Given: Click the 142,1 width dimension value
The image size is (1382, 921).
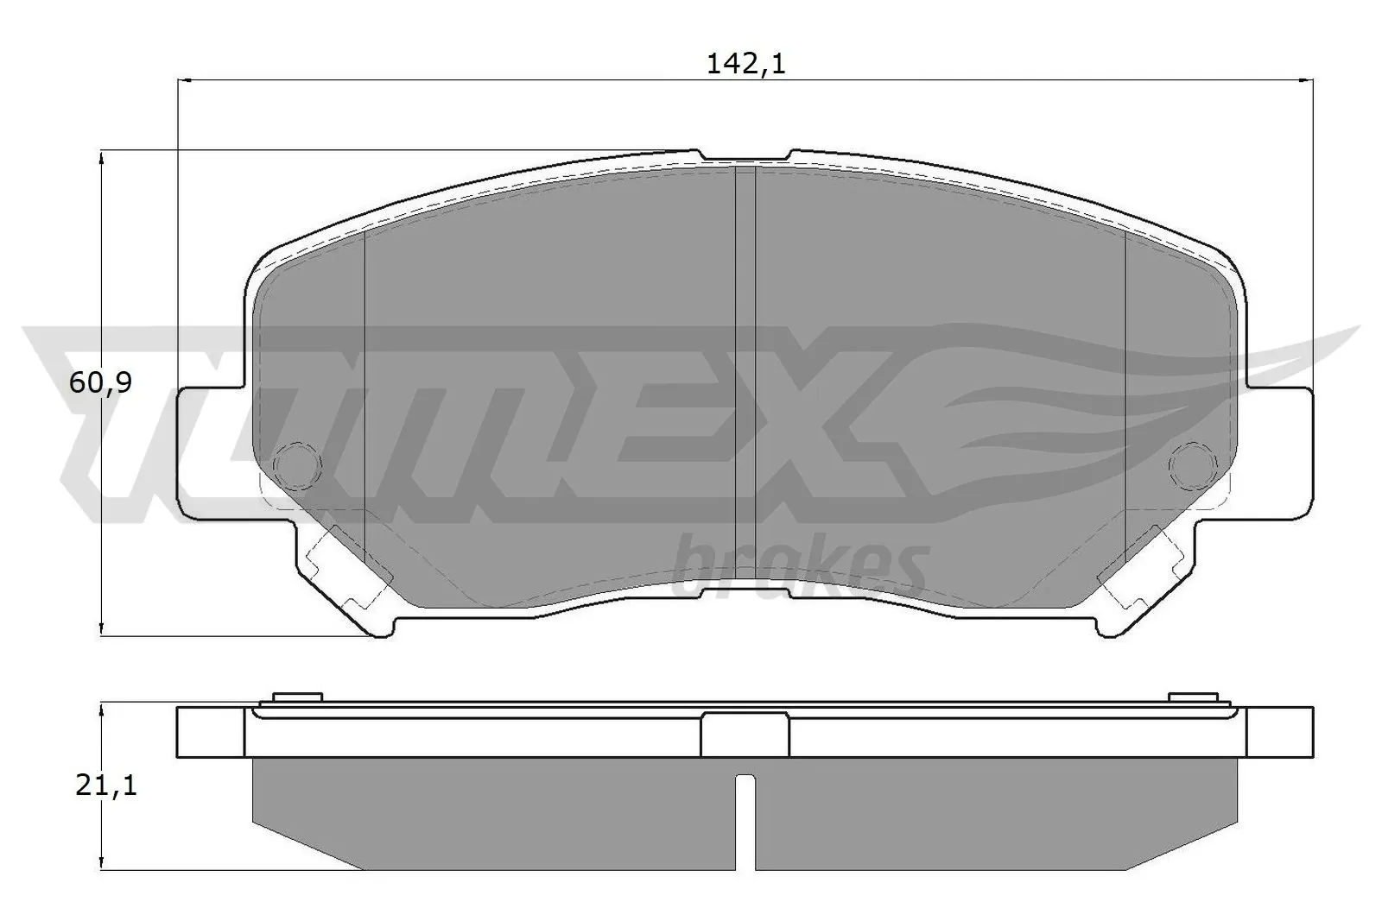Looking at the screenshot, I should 745,64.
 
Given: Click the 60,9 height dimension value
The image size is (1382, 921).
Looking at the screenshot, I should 100,382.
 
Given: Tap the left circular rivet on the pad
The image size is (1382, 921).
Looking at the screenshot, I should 296,465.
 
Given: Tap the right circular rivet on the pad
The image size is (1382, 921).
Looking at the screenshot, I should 1193,465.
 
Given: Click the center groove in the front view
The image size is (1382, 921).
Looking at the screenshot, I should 745,380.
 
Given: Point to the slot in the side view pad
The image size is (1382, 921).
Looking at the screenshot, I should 745,820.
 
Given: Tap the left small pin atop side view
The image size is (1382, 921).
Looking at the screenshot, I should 296,697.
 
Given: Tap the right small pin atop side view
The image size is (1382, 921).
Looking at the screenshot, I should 1192,697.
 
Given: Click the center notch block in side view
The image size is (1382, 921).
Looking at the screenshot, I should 745,736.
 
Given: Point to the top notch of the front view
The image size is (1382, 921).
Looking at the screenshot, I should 745,156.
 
